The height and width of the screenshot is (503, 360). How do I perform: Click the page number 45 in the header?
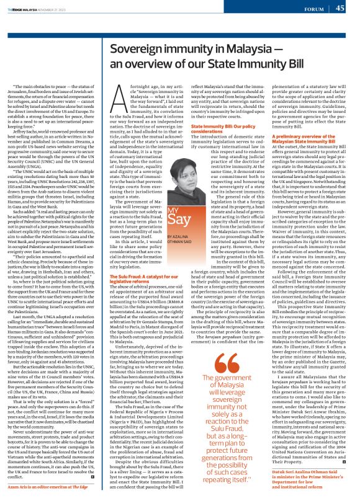(340, 8)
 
